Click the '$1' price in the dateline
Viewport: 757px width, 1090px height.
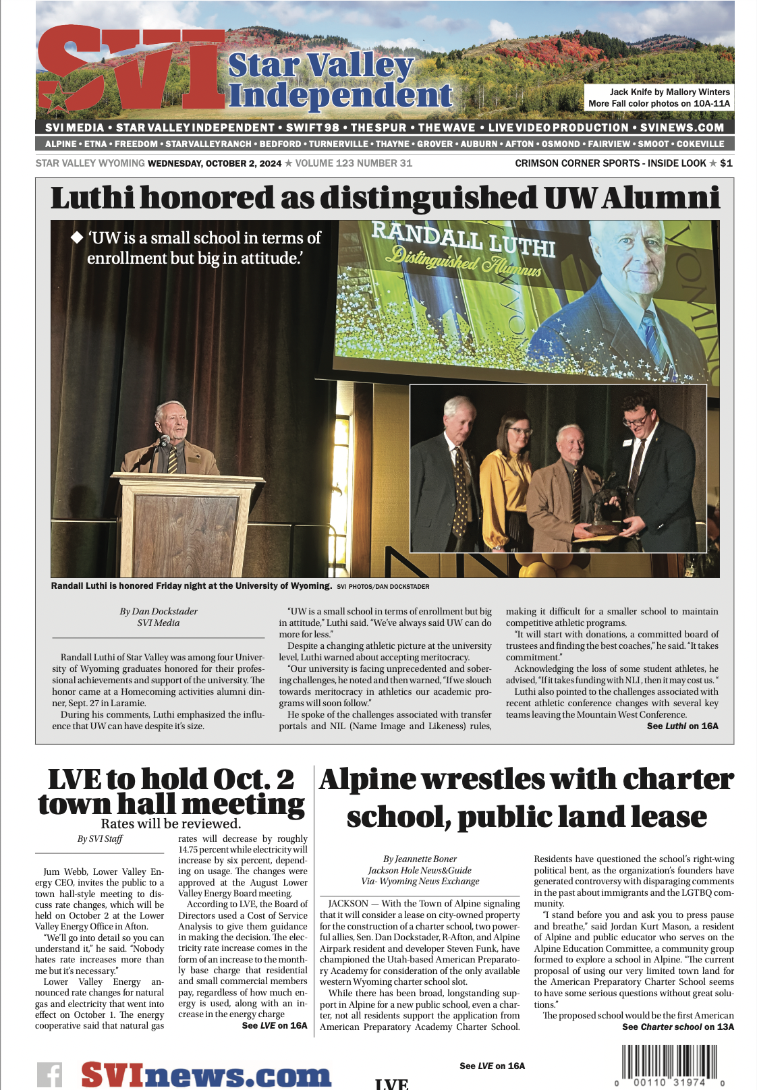[x=726, y=163]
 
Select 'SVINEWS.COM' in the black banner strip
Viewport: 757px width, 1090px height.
[x=681, y=127]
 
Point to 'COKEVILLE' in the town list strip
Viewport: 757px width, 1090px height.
[x=700, y=144]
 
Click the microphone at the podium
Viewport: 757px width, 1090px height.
[x=164, y=442]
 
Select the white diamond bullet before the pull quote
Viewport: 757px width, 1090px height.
[x=77, y=237]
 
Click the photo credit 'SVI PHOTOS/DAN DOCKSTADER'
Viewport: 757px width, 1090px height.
[x=383, y=587]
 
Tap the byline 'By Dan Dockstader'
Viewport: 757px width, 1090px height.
[x=159, y=611]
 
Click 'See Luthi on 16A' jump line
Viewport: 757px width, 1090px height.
[x=682, y=726]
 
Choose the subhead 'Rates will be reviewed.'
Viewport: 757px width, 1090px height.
[x=171, y=824]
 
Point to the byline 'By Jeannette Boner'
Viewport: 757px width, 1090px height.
[x=420, y=859]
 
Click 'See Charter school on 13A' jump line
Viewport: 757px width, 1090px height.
[x=677, y=1027]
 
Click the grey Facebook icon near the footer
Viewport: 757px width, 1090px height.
[x=49, y=1074]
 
